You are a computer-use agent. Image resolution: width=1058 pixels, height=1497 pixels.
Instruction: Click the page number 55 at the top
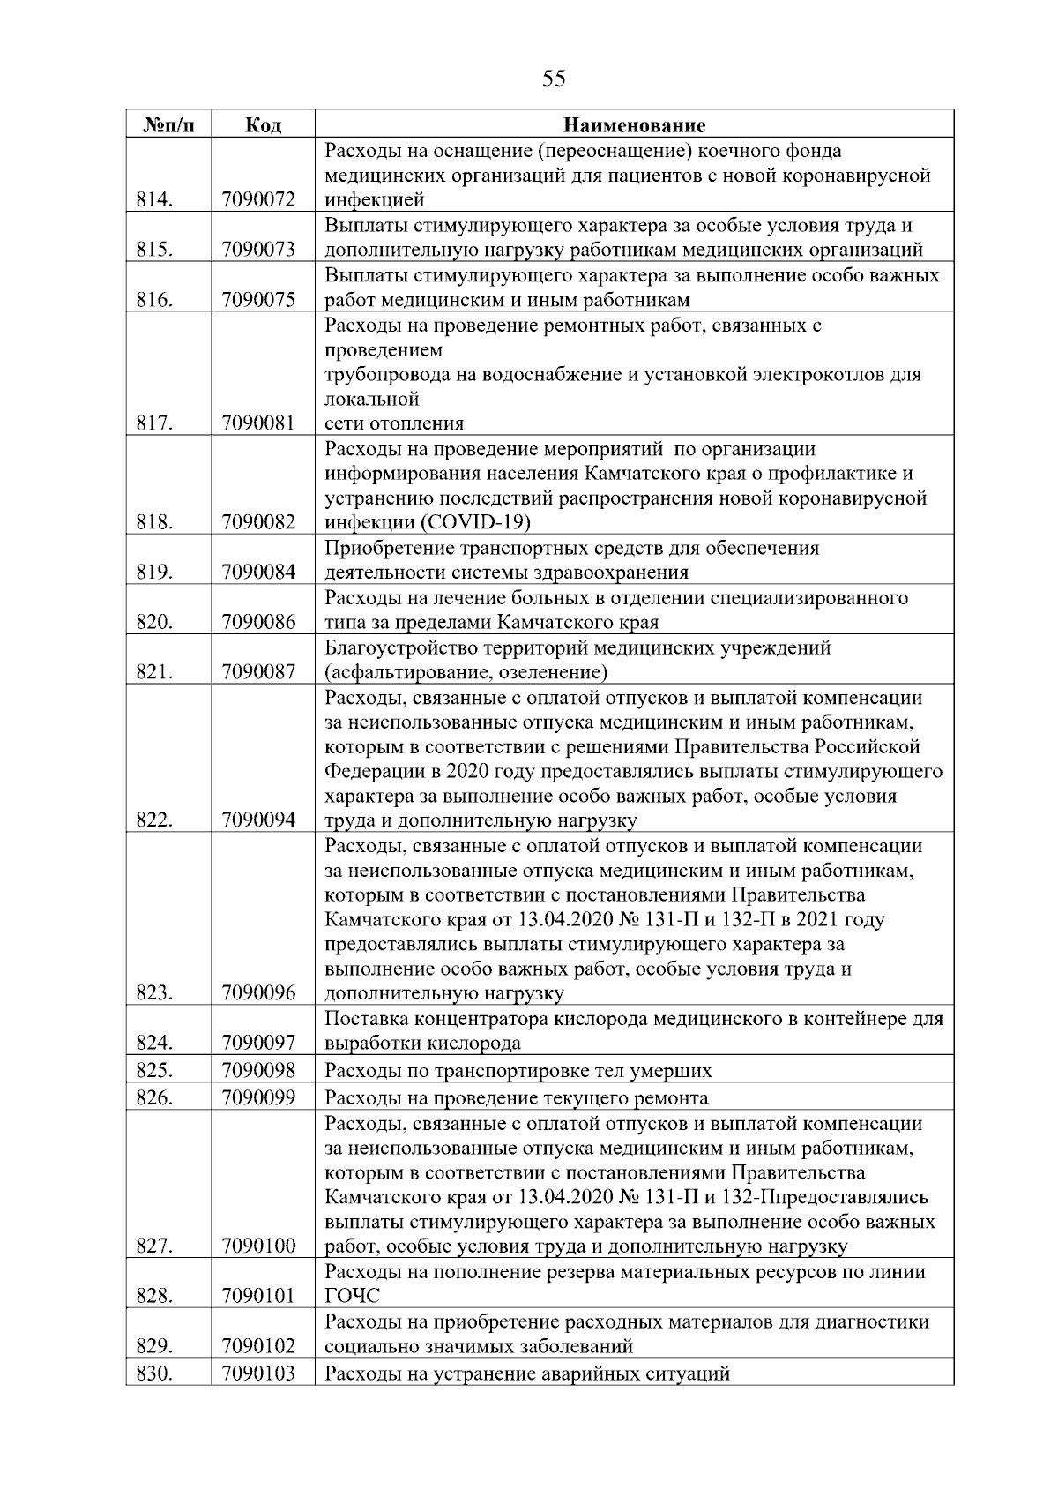553,79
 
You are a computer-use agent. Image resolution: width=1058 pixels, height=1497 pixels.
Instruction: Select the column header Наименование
634,125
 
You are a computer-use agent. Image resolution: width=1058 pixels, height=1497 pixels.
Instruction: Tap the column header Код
262,125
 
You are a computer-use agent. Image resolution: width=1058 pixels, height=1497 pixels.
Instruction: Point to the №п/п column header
168,125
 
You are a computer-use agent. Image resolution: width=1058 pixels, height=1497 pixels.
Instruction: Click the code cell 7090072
258,200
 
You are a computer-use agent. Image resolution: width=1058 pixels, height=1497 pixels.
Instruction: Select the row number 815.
154,251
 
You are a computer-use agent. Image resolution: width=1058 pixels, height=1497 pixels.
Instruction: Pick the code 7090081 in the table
258,423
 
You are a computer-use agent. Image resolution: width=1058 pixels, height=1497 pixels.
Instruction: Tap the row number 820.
154,623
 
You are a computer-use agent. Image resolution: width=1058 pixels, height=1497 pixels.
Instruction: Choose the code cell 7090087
258,673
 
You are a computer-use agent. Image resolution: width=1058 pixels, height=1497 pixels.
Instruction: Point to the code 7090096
258,993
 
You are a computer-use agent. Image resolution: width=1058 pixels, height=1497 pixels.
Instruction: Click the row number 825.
154,1071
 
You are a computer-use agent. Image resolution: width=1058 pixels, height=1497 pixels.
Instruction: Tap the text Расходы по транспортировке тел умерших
518,1071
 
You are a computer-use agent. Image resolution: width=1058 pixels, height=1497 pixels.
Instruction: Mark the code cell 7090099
258,1098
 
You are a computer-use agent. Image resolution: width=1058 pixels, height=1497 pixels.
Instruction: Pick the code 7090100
258,1246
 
